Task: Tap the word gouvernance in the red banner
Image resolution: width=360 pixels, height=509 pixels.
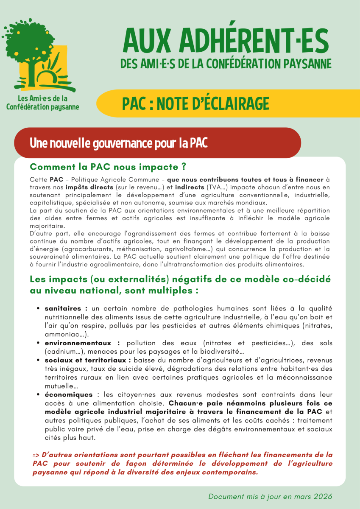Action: coord(103,143)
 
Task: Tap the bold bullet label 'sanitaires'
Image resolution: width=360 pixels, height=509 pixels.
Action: coord(63,308)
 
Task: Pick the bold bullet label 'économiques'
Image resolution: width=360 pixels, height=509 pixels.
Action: coord(69,394)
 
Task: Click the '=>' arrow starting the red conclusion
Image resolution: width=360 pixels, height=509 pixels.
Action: coord(36,455)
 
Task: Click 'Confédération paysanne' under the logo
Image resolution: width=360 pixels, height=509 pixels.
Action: coord(42,106)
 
